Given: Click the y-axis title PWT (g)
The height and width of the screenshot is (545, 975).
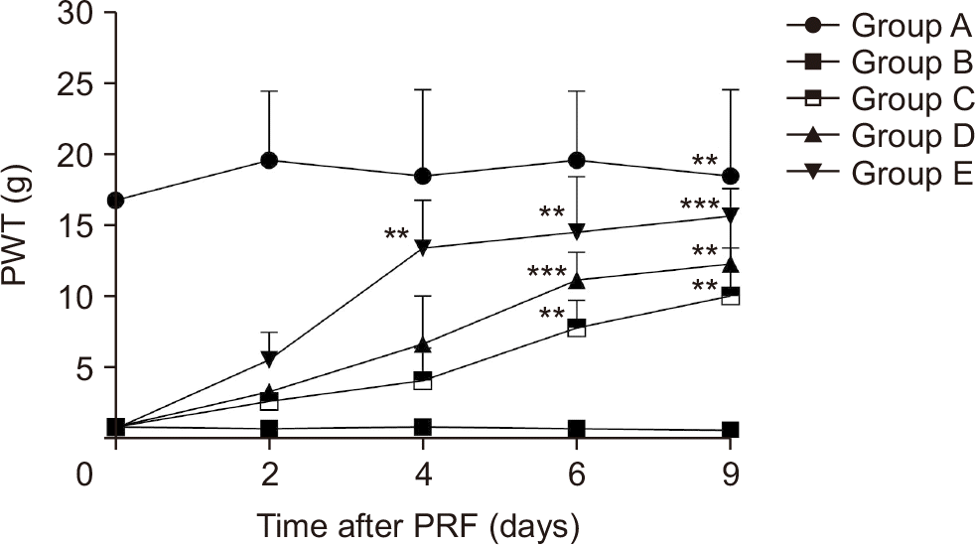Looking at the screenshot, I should click(17, 227).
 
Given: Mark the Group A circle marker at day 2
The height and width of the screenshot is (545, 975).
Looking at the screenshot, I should click(269, 160).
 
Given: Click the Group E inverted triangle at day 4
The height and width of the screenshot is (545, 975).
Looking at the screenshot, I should click(423, 247).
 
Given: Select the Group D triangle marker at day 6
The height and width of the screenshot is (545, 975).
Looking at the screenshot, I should click(577, 280).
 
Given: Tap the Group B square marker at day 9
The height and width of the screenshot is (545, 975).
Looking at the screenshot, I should click(731, 430).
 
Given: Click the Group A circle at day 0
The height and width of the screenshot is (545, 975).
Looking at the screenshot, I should click(116, 201).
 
